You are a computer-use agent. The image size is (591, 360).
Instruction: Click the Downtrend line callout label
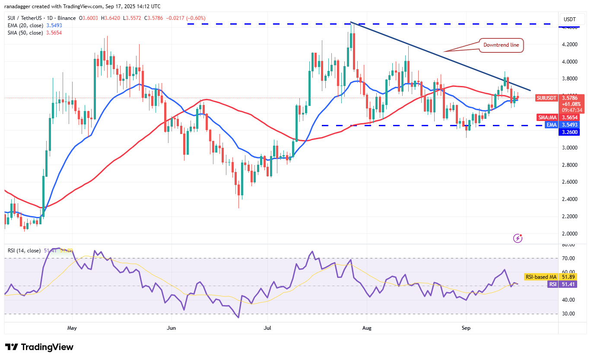pos(501,45)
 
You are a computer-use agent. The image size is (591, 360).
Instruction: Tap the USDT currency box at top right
pos(571,19)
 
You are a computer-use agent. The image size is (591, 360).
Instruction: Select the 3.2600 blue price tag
pos(571,132)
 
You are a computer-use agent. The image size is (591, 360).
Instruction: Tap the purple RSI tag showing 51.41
pos(553,284)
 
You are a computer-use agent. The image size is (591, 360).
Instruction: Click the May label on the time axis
pos(72,328)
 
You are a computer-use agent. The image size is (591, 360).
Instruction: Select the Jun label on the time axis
pos(172,328)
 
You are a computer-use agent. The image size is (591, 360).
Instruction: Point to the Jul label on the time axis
pos(267,328)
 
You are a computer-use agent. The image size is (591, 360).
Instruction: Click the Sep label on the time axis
pos(466,328)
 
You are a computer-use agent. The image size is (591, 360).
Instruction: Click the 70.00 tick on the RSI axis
pos(569,258)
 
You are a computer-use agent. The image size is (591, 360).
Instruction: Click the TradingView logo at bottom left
pos(39,347)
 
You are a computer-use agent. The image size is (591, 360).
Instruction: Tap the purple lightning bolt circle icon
pos(518,238)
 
